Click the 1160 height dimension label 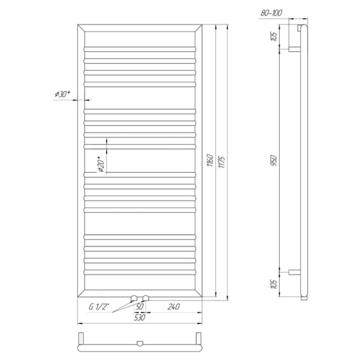pyautogui.click(x=211, y=160)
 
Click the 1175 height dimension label pyautogui.click(x=222, y=162)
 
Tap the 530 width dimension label pyautogui.click(x=140, y=317)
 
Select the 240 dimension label pyautogui.click(x=173, y=307)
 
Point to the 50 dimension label pyautogui.click(x=140, y=307)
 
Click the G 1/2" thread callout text pyautogui.click(x=99, y=307)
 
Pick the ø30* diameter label pyautogui.click(x=62, y=94)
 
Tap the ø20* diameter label pyautogui.click(x=101, y=164)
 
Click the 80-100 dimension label pyautogui.click(x=271, y=13)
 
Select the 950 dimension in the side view pyautogui.click(x=274, y=160)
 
